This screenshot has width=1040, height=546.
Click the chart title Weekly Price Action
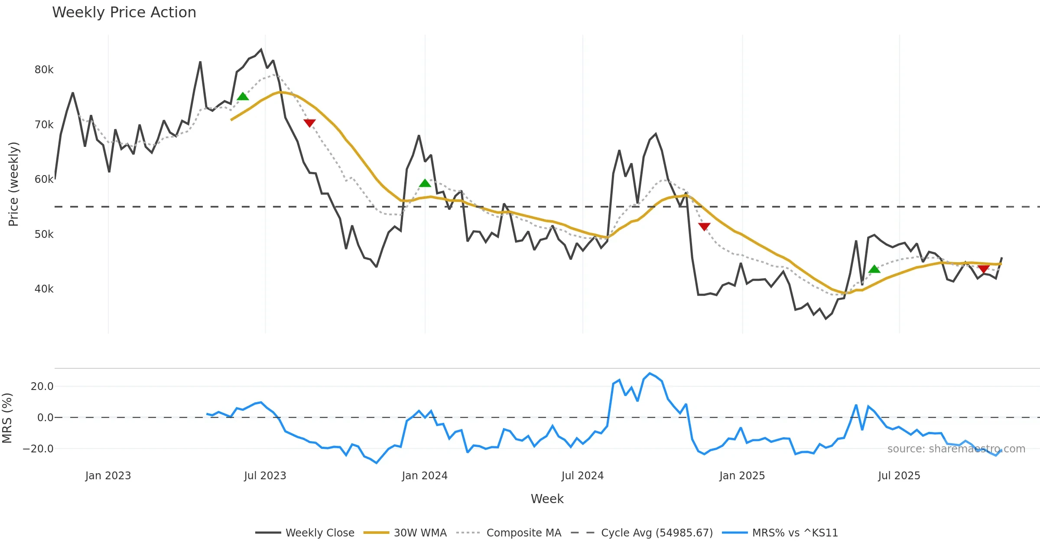pyautogui.click(x=124, y=13)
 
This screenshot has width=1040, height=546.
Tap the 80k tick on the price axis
pyautogui.click(x=44, y=70)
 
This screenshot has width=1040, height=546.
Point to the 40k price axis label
pyautogui.click(x=44, y=289)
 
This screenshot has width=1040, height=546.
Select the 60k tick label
pyautogui.click(x=44, y=179)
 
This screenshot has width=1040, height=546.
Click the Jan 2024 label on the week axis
pyautogui.click(x=424, y=476)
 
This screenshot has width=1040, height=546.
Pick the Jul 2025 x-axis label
pyautogui.click(x=899, y=476)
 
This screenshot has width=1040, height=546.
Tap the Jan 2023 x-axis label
pyautogui.click(x=108, y=476)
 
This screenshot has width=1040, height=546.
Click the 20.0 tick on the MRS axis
pyautogui.click(x=42, y=387)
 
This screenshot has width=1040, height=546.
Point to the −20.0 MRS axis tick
pyautogui.click(x=38, y=449)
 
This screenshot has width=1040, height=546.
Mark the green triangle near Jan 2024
pyautogui.click(x=425, y=183)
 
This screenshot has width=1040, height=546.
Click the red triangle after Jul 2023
pyautogui.click(x=309, y=123)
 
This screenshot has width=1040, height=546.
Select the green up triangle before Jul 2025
pyautogui.click(x=874, y=269)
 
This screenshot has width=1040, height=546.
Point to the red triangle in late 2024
pyautogui.click(x=704, y=227)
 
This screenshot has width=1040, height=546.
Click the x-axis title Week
pyautogui.click(x=547, y=499)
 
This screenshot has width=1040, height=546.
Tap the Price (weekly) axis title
pyautogui.click(x=14, y=184)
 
